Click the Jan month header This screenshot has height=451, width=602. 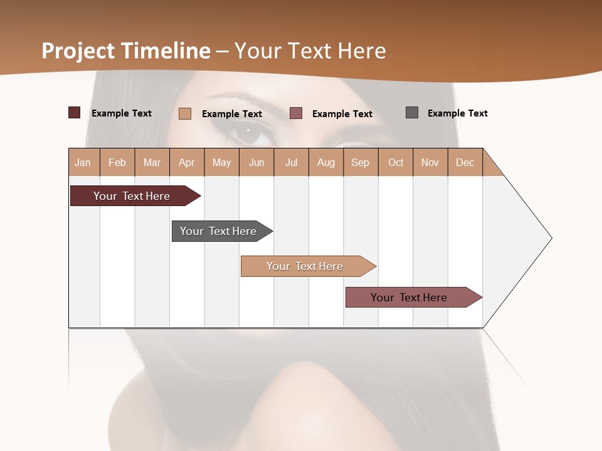(x=83, y=162)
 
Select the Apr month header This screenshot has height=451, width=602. (x=186, y=162)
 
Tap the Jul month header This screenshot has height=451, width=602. (x=291, y=162)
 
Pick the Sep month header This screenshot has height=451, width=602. (x=360, y=162)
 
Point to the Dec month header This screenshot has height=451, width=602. (x=465, y=162)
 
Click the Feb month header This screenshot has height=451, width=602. (x=117, y=162)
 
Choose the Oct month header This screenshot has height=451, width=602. (x=396, y=162)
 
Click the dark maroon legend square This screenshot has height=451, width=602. (x=75, y=113)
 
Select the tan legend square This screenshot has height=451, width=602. (x=185, y=113)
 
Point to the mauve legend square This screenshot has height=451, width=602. (x=296, y=113)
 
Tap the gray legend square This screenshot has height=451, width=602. (x=412, y=113)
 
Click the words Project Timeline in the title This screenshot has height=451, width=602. (x=126, y=51)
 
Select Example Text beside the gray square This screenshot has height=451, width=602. (x=457, y=113)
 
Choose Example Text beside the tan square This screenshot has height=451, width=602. (x=231, y=114)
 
